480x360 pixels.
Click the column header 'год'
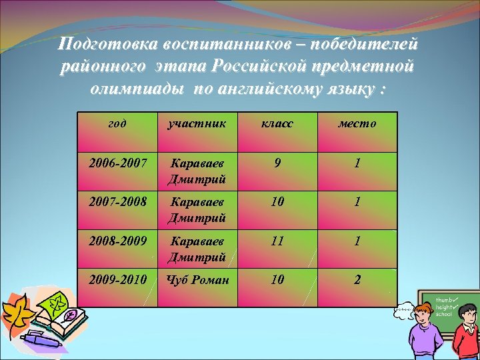pyautogui.click(x=117, y=123)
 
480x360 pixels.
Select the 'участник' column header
pyautogui.click(x=197, y=123)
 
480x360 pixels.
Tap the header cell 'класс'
pyautogui.click(x=277, y=123)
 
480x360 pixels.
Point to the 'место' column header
pyautogui.click(x=357, y=123)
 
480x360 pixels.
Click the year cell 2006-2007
pyautogui.click(x=117, y=163)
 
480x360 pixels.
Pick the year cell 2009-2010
pyautogui.click(x=117, y=280)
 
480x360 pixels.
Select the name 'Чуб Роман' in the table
pyautogui.click(x=197, y=280)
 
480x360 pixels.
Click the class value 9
pyautogui.click(x=277, y=163)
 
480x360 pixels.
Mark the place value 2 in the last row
pyautogui.click(x=357, y=280)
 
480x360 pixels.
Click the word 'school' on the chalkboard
pyautogui.click(x=444, y=314)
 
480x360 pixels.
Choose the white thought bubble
pyautogui.click(x=403, y=311)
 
